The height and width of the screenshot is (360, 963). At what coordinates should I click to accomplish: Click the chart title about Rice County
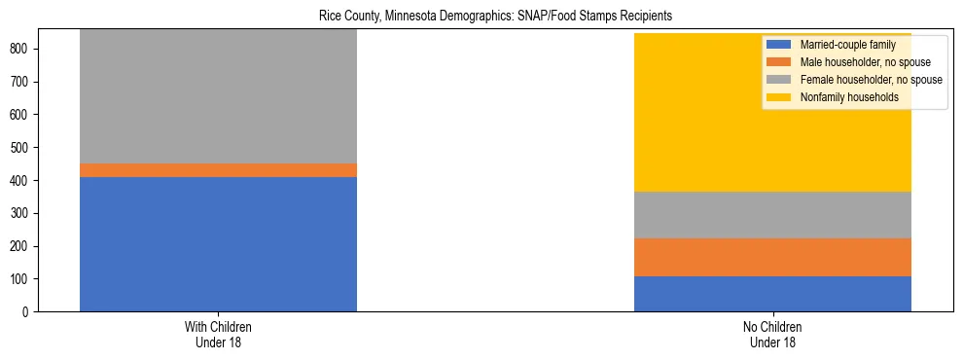click(495, 17)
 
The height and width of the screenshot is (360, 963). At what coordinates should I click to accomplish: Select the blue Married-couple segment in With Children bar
click(218, 244)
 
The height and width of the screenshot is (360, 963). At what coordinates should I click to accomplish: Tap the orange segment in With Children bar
click(218, 170)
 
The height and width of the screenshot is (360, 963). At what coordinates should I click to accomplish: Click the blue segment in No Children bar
click(772, 294)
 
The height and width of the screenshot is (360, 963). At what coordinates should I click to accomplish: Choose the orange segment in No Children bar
click(772, 258)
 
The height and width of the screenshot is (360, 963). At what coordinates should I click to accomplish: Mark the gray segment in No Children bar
click(772, 215)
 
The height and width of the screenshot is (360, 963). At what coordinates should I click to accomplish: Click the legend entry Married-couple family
click(842, 45)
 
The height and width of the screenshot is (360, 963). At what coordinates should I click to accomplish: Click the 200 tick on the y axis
click(26, 246)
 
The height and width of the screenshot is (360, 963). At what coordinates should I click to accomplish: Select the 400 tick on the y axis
click(26, 180)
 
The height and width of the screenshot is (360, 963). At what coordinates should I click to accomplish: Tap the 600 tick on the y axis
click(26, 115)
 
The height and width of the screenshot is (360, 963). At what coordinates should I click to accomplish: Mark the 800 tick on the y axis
click(26, 49)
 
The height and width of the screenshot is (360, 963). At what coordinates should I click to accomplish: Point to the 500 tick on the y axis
click(26, 148)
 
